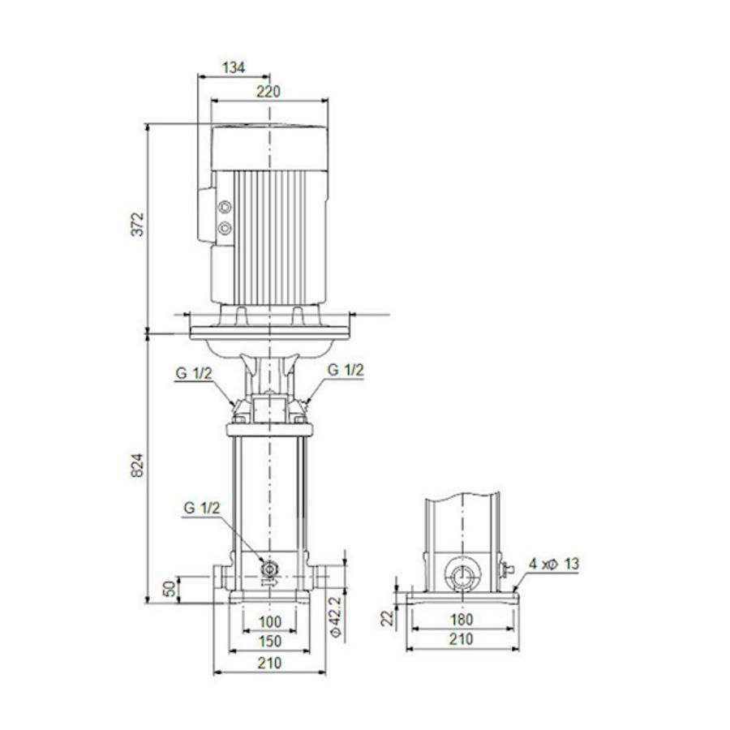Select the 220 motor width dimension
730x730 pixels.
268,92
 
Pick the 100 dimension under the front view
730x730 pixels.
269,622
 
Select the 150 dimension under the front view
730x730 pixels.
269,642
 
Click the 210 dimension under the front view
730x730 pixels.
269,663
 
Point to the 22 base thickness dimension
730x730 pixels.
388,618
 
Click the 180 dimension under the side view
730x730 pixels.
461,620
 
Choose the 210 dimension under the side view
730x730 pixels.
461,640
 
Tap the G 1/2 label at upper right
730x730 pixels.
345,370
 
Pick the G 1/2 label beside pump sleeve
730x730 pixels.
200,509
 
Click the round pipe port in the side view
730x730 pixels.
462,577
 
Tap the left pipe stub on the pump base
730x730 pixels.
221,578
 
